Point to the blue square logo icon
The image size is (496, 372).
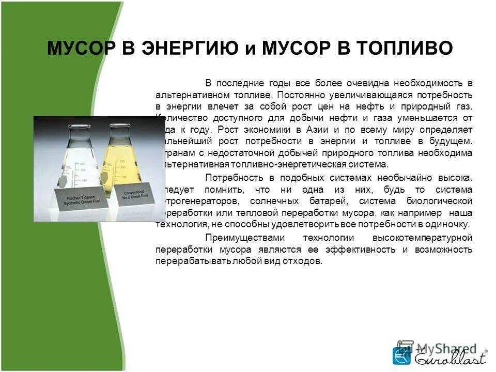[401, 357]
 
